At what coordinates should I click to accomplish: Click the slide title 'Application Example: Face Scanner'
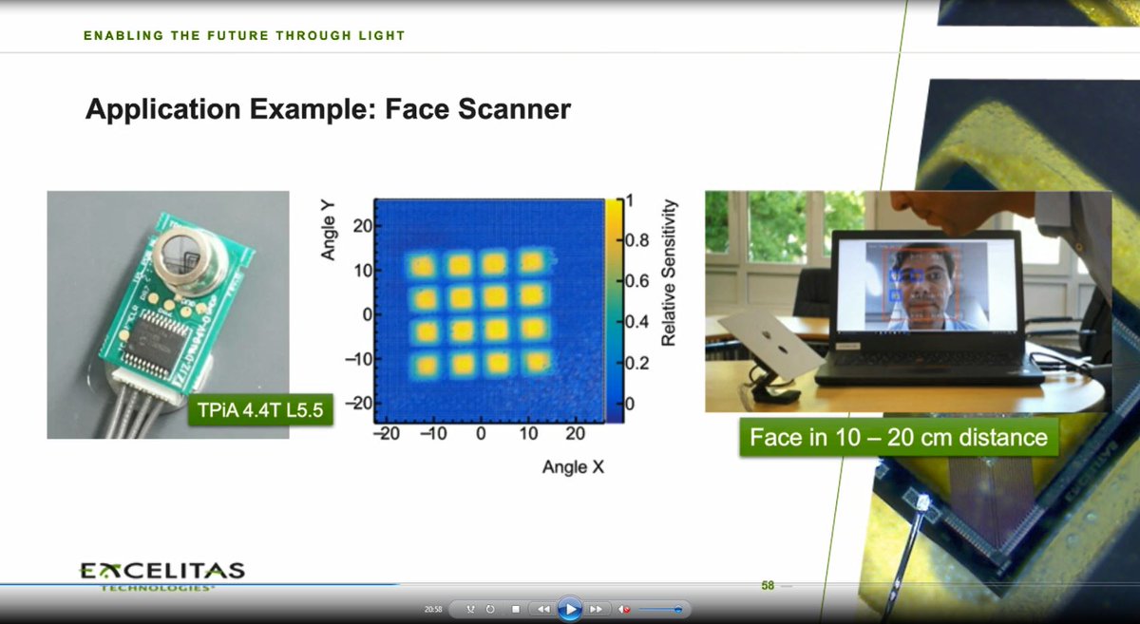(x=328, y=109)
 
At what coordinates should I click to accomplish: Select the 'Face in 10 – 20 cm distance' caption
(x=898, y=438)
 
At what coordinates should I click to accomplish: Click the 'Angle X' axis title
(x=573, y=467)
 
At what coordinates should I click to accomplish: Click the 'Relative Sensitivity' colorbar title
(x=669, y=272)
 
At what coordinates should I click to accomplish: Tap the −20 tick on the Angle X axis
(x=388, y=434)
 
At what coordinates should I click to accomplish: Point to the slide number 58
(x=768, y=586)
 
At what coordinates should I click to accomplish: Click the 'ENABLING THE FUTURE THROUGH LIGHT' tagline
(x=244, y=36)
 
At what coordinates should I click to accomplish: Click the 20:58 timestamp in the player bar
(x=432, y=609)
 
